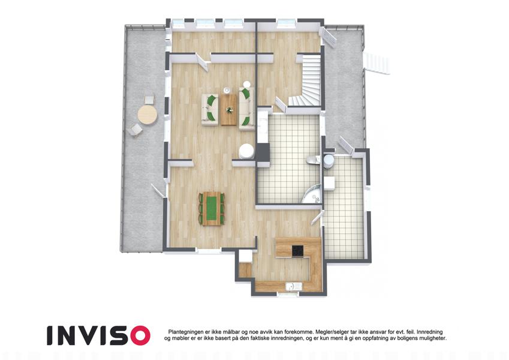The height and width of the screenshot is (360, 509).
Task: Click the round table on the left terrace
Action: (147, 115)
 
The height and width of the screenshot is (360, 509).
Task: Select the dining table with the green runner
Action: (212, 208)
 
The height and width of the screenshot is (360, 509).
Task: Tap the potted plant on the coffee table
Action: (230, 110)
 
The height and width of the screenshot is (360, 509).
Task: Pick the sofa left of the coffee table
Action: (210, 109)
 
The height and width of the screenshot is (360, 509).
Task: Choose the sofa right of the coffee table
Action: (246, 108)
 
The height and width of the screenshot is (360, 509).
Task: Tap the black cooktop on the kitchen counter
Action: (298, 251)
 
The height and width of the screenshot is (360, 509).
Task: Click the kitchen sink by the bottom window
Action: (293, 287)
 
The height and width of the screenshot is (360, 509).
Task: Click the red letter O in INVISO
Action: (140, 335)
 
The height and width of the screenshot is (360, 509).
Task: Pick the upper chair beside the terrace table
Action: (149, 100)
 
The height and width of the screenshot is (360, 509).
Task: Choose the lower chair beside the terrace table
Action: (135, 130)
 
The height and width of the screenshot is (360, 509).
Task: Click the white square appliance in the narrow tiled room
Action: (329, 183)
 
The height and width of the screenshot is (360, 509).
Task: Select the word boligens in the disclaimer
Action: (398, 338)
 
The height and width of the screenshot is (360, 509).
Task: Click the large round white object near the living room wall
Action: (247, 152)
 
